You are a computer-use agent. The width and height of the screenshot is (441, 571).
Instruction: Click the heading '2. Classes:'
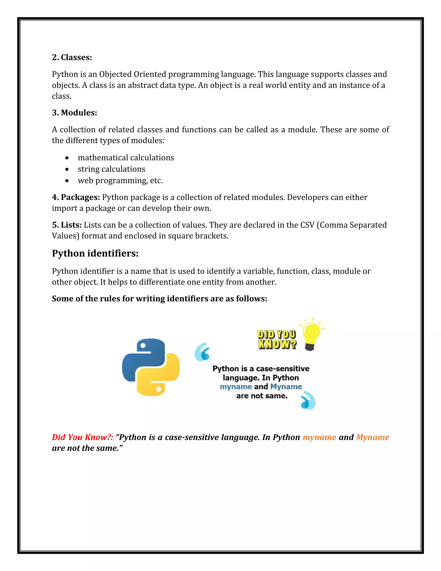72,57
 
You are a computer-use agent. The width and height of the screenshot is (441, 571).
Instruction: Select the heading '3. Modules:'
75,113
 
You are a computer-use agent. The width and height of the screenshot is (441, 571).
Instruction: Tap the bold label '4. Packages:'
76,197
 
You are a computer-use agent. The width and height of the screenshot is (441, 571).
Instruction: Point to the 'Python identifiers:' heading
95,253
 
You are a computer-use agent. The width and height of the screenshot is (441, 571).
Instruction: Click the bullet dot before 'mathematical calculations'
67,158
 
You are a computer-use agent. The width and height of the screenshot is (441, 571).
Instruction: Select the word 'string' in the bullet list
88,169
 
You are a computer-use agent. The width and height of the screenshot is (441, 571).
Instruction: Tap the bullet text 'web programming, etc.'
120,180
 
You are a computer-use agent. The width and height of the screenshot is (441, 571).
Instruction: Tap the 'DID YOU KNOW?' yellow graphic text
277,339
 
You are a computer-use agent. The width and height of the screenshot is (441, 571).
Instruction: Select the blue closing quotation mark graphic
308,400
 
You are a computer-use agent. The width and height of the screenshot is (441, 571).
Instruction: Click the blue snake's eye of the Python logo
143,345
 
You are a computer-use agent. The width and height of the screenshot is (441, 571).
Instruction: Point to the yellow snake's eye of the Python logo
158,389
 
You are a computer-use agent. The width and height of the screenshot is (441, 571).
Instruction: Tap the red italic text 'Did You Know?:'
82,437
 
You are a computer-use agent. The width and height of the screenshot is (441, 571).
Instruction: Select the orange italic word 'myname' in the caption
319,437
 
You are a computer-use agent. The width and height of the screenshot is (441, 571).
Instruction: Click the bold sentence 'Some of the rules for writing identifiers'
159,299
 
